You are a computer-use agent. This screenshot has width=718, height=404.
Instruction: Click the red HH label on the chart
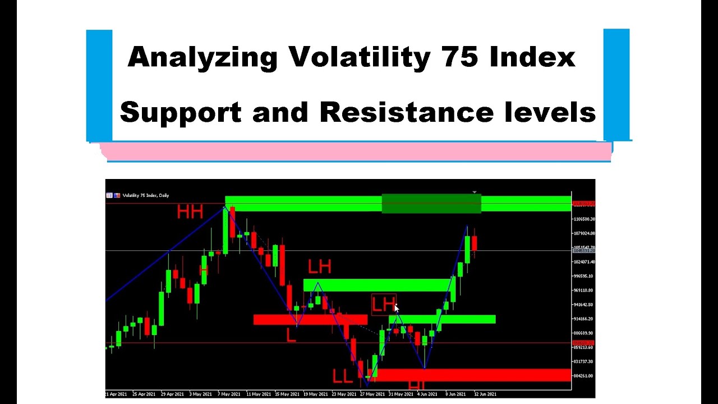[190, 212]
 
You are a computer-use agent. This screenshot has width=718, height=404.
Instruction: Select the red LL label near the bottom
[342, 376]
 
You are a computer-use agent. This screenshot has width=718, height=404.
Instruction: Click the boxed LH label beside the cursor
[384, 305]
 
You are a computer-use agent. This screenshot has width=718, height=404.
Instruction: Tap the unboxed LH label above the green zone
[319, 266]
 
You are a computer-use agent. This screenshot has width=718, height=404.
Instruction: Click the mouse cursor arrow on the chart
[397, 307]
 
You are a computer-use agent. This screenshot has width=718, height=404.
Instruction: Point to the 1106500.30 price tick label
[584, 219]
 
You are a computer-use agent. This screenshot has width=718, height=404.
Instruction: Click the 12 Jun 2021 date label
[485, 394]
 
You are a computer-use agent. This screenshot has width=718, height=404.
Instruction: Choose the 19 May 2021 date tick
[315, 394]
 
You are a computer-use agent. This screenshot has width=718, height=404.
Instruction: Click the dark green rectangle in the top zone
[431, 203]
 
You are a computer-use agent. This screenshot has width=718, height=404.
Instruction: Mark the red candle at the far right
[474, 243]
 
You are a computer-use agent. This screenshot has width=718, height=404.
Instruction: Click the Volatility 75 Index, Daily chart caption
[145, 195]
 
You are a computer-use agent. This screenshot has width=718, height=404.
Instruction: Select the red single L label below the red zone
[291, 336]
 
